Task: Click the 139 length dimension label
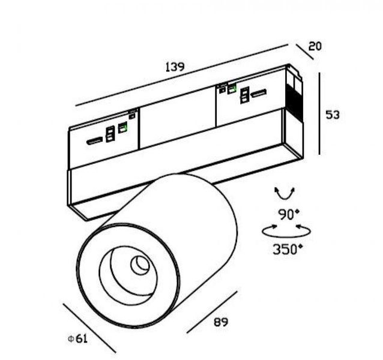coord(175,67)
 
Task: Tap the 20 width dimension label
coord(315,46)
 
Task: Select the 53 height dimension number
coord(333,115)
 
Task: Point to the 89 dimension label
coord(221,322)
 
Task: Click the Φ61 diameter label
coord(77,338)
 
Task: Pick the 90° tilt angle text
coord(289,215)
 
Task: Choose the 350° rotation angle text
coord(288,249)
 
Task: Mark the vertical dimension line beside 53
coord(319,113)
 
